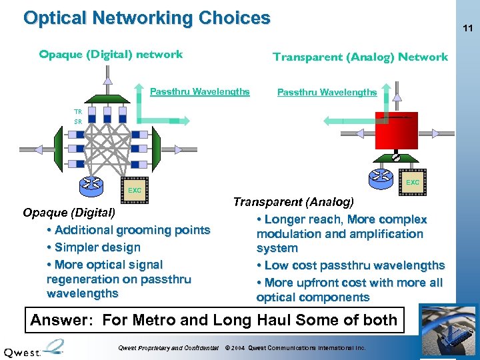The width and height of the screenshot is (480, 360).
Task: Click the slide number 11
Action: click(467, 29)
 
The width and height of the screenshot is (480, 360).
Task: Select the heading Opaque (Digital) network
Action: click(111, 55)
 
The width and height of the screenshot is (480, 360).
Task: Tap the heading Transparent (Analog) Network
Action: click(360, 57)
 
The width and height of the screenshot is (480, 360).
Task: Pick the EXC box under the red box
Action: click(413, 181)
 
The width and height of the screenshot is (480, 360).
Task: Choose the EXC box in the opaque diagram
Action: click(134, 190)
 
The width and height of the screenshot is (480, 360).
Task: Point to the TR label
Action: click(78, 112)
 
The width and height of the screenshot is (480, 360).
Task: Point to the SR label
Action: click(78, 122)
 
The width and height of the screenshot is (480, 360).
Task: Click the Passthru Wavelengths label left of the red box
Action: click(327, 93)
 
